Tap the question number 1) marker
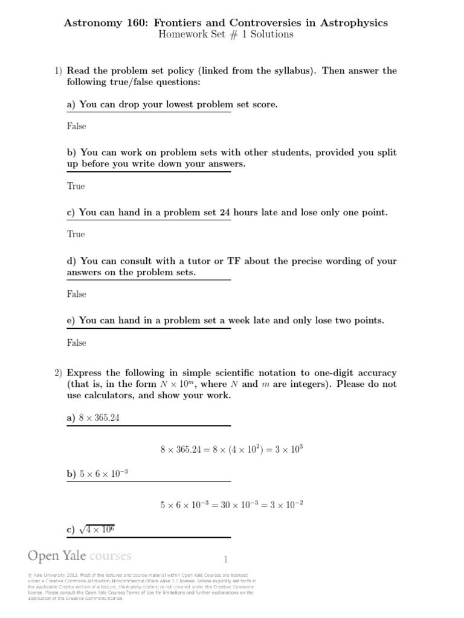coord(59,71)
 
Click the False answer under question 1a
coord(77,127)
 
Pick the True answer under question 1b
coord(76,186)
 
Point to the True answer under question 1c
coord(76,235)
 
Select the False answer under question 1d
coord(77,295)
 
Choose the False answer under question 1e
coord(77,343)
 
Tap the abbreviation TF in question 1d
coord(234,261)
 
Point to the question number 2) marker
coord(59,373)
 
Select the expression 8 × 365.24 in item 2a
coord(100,417)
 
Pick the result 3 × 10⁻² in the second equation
coord(293,505)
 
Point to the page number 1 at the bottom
coord(226,559)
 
